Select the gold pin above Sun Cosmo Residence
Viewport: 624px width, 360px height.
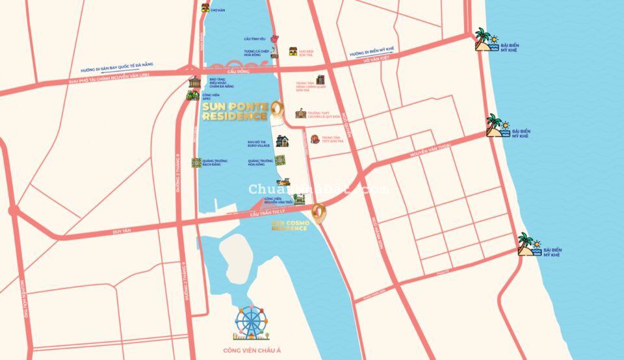pyautogui.click(x=318, y=212)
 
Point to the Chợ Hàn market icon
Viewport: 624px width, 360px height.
pyautogui.click(x=205, y=8)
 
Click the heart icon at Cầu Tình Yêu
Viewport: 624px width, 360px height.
pyautogui.click(x=274, y=39)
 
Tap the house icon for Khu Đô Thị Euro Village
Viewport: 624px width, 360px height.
pyautogui.click(x=281, y=141)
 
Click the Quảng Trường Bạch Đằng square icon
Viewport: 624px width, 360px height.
pyautogui.click(x=196, y=162)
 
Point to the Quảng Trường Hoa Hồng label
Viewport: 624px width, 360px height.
pyautogui.click(x=259, y=162)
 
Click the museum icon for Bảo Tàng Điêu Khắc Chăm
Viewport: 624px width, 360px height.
pyautogui.click(x=194, y=83)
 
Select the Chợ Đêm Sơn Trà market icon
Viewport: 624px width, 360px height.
pyautogui.click(x=293, y=51)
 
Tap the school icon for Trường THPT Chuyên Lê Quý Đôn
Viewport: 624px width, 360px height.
pyautogui.click(x=300, y=114)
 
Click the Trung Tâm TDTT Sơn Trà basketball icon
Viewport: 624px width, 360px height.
pyautogui.click(x=315, y=138)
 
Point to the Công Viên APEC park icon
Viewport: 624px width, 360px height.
pyautogui.click(x=192, y=96)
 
